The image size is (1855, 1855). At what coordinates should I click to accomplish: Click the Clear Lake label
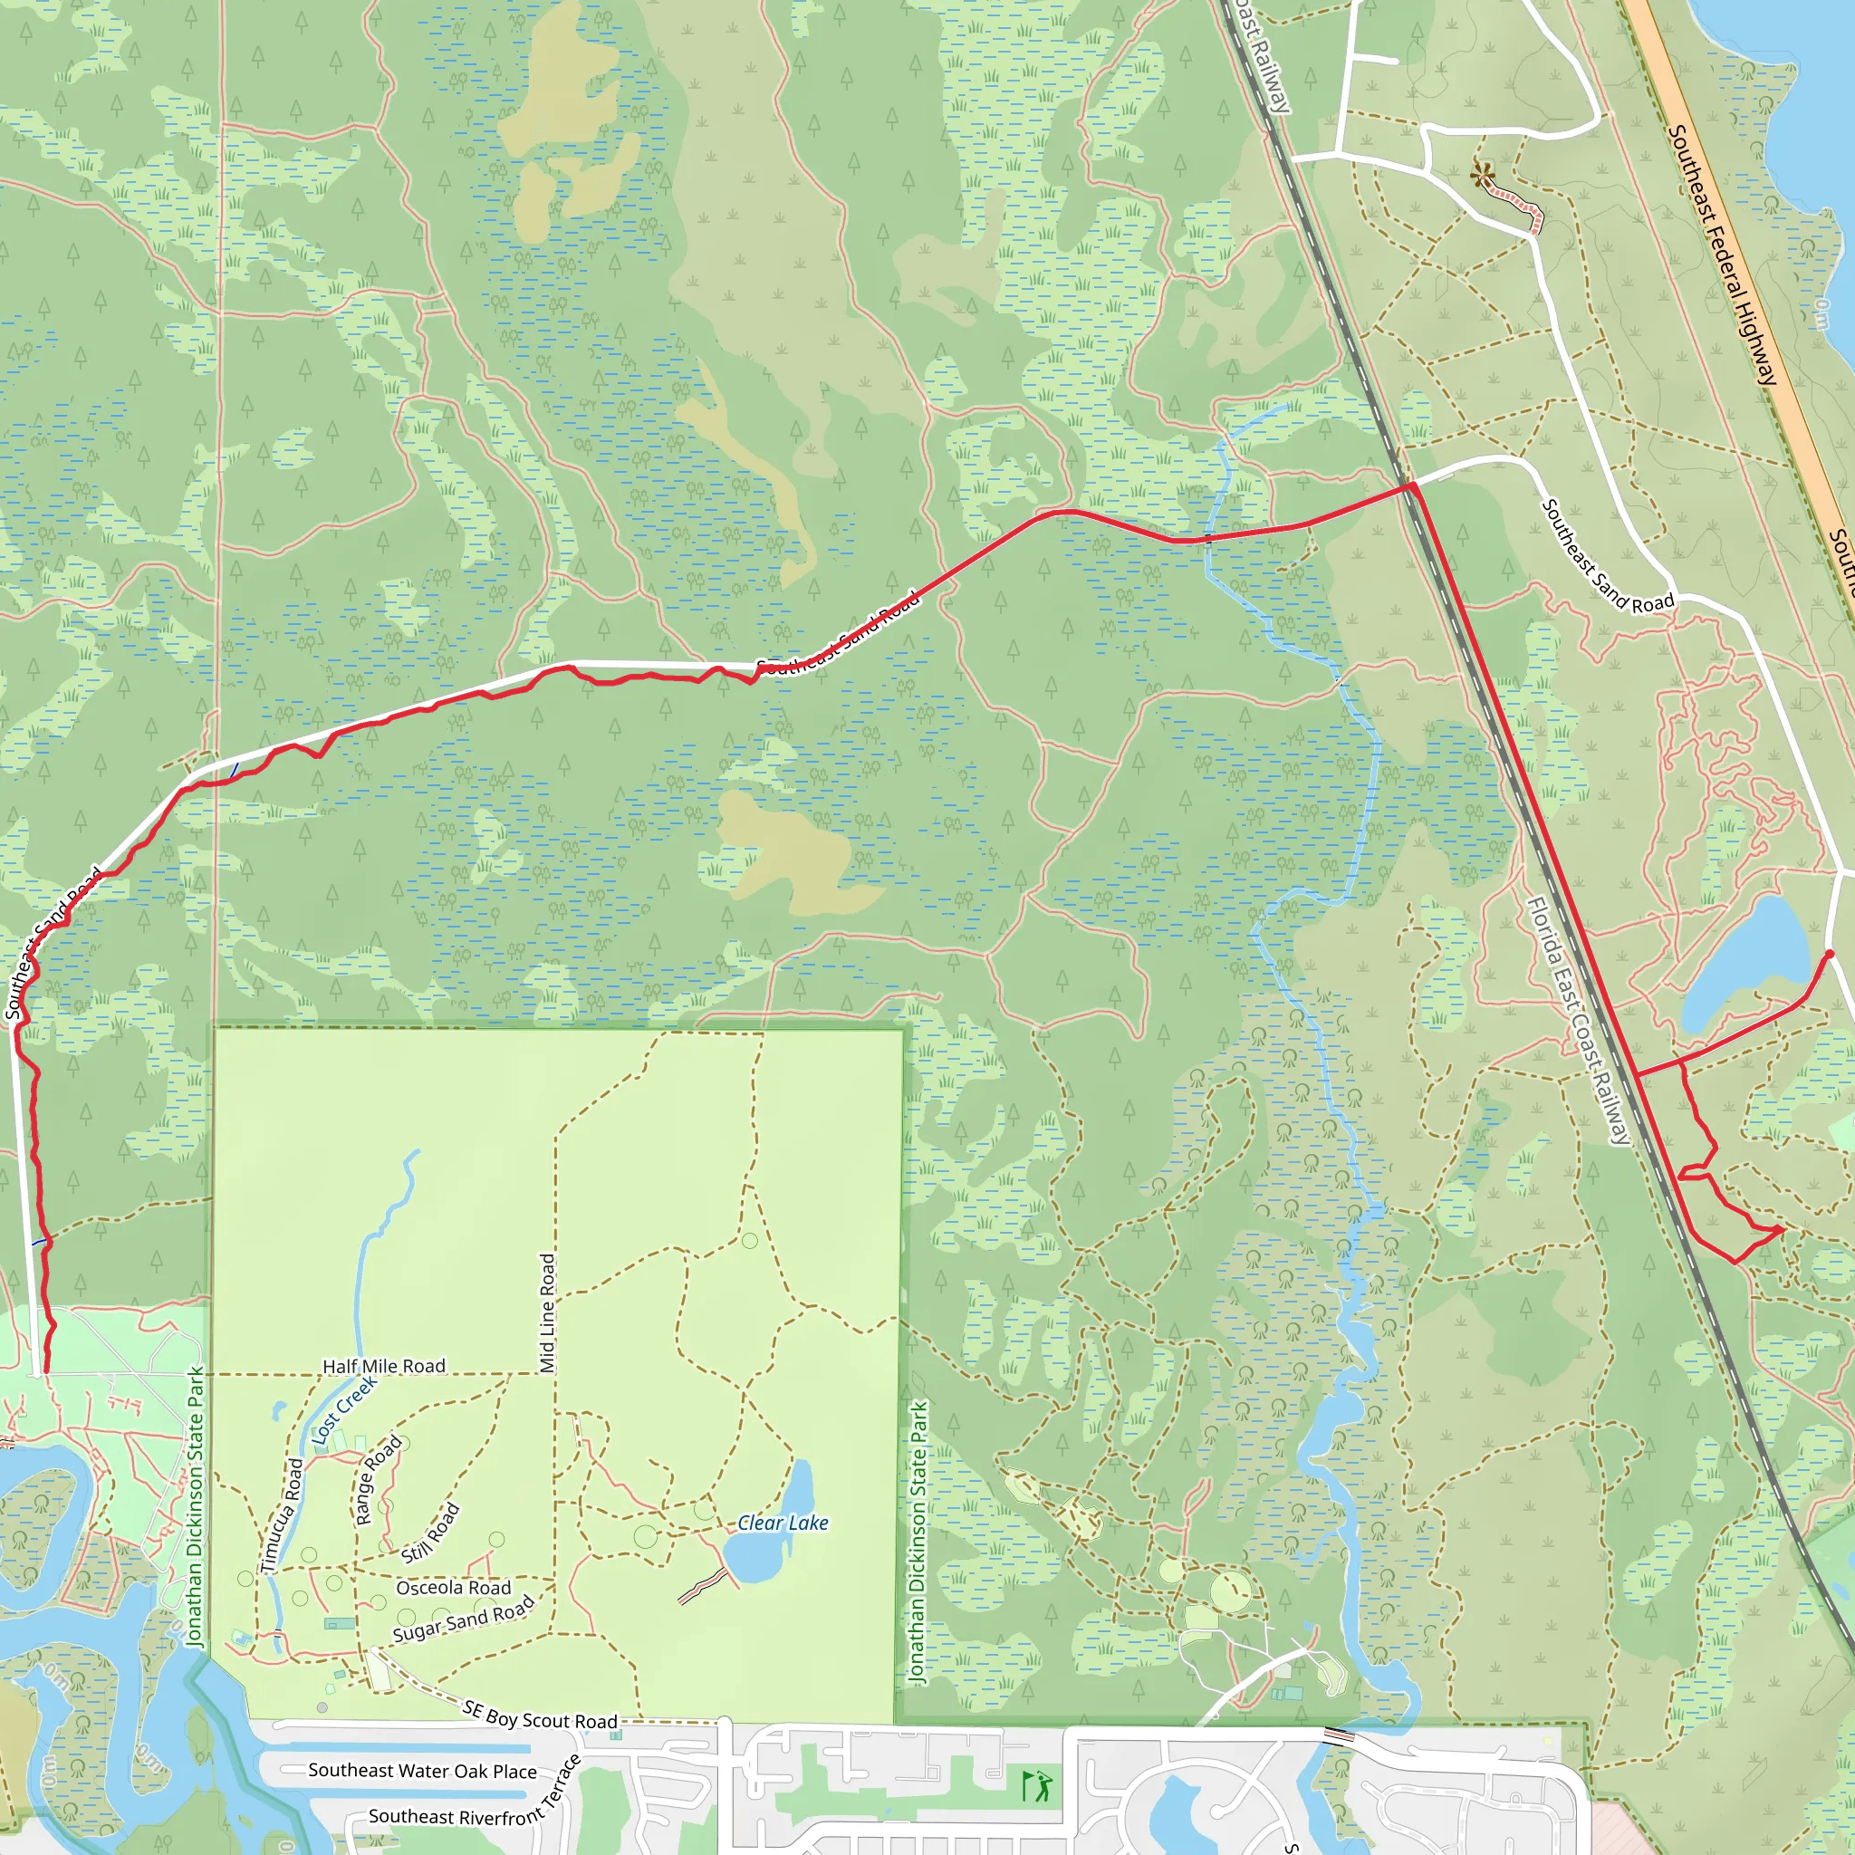783,1523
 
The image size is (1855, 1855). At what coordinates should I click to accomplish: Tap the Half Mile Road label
384,1366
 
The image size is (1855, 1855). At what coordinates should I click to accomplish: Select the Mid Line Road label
547,1313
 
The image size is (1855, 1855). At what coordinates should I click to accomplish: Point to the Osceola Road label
453,1588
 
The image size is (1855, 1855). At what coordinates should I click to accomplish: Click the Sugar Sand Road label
464,1620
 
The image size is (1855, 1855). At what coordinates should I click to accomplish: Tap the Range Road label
378,1481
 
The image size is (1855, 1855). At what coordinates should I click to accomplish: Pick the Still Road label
430,1533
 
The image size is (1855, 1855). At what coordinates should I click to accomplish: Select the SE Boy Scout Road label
540,1715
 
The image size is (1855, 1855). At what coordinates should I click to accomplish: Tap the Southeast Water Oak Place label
422,1771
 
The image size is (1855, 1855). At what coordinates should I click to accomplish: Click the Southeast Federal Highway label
1724,255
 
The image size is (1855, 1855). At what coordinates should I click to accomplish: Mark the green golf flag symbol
1037,1787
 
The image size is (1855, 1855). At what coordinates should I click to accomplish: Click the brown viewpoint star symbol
1483,176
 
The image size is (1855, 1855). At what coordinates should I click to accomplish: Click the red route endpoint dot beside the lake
1829,954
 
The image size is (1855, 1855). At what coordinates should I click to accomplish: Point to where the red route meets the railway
1410,488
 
